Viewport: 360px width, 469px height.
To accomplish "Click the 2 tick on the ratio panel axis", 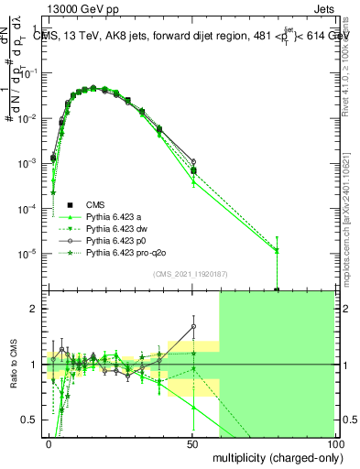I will (x=35, y=309).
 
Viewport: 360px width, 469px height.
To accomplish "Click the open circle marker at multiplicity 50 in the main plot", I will (x=192, y=162).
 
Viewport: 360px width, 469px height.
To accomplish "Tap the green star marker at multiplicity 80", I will (x=278, y=249).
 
